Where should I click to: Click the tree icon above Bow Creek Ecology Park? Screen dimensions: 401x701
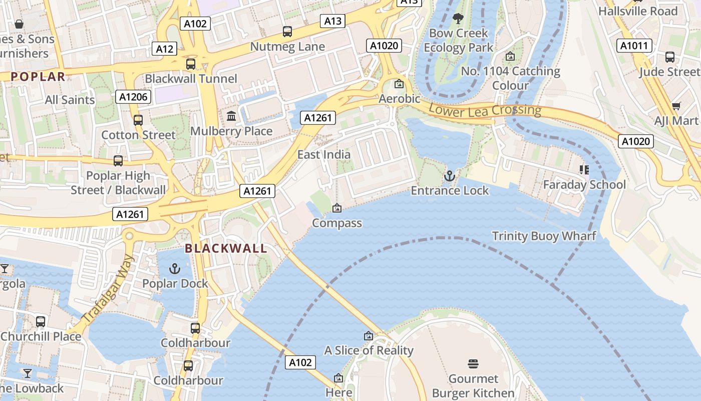(x=458, y=19)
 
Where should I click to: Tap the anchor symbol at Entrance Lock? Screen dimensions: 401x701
(x=449, y=176)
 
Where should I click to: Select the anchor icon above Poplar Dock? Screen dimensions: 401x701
(x=174, y=269)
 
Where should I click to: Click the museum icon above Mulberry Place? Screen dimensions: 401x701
(x=231, y=116)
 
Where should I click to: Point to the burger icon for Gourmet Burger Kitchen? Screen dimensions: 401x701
(x=473, y=363)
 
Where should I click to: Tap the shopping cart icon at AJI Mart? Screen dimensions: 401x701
(x=676, y=106)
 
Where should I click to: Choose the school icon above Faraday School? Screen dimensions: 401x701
(x=584, y=170)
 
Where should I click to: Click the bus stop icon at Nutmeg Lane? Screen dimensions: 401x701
(x=287, y=32)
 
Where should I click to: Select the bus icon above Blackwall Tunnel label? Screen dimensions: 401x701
(x=191, y=64)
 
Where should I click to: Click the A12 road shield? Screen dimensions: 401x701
(x=165, y=49)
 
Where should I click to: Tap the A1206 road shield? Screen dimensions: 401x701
(x=134, y=97)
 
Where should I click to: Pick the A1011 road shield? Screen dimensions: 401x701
(x=634, y=46)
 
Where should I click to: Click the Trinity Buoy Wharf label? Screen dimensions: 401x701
(x=544, y=236)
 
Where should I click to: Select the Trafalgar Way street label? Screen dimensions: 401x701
(x=108, y=289)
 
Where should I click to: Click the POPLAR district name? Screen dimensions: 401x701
(x=38, y=77)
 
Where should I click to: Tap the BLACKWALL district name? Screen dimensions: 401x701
(x=226, y=249)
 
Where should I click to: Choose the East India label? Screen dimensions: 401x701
(x=324, y=154)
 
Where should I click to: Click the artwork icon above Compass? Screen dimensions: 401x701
(x=337, y=208)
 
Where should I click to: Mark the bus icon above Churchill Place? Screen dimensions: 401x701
(x=41, y=321)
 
